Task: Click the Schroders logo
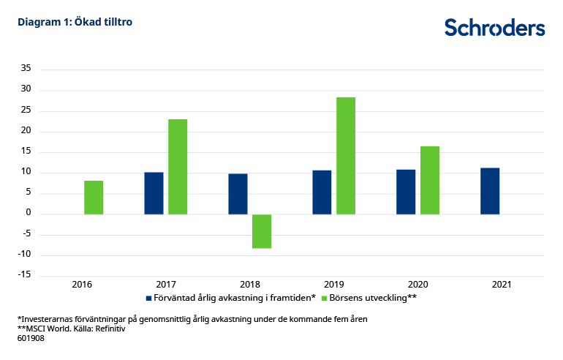(x=494, y=27)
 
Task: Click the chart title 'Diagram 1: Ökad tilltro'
(x=75, y=22)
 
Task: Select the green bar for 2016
(x=94, y=198)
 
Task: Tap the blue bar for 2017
(x=154, y=193)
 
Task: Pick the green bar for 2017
(x=178, y=167)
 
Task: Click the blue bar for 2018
(x=238, y=194)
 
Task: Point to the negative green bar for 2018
(x=262, y=231)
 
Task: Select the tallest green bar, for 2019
(x=346, y=156)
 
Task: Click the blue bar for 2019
(x=322, y=192)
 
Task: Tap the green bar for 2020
(x=430, y=180)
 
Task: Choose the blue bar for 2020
(x=406, y=192)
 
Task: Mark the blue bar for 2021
(x=490, y=191)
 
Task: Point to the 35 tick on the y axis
(x=26, y=70)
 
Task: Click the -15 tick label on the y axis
(x=24, y=275)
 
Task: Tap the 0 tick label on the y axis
(x=29, y=214)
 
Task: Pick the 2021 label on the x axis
(x=501, y=284)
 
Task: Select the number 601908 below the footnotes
(x=31, y=339)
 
